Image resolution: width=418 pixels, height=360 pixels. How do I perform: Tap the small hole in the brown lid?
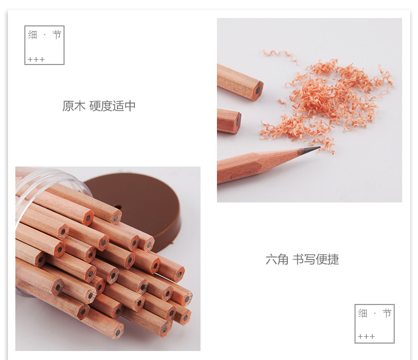118,207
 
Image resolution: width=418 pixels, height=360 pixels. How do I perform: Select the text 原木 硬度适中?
99,106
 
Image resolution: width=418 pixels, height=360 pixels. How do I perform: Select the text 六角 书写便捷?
302,260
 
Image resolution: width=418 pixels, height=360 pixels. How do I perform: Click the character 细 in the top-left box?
32,34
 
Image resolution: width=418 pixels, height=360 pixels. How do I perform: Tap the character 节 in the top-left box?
57,34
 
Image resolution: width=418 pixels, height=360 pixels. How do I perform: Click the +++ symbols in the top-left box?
36,59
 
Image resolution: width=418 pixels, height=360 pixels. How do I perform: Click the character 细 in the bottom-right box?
362,313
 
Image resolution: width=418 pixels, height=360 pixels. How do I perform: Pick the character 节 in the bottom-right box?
387,313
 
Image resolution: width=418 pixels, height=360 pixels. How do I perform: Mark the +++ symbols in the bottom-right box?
366,337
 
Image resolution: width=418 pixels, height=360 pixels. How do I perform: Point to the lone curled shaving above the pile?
280,54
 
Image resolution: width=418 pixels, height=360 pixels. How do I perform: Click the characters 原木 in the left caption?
74,106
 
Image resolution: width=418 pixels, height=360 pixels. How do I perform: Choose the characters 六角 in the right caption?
277,260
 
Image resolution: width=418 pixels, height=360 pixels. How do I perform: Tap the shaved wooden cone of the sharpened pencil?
280,157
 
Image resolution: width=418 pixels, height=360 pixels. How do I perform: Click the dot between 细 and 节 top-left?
44,35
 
